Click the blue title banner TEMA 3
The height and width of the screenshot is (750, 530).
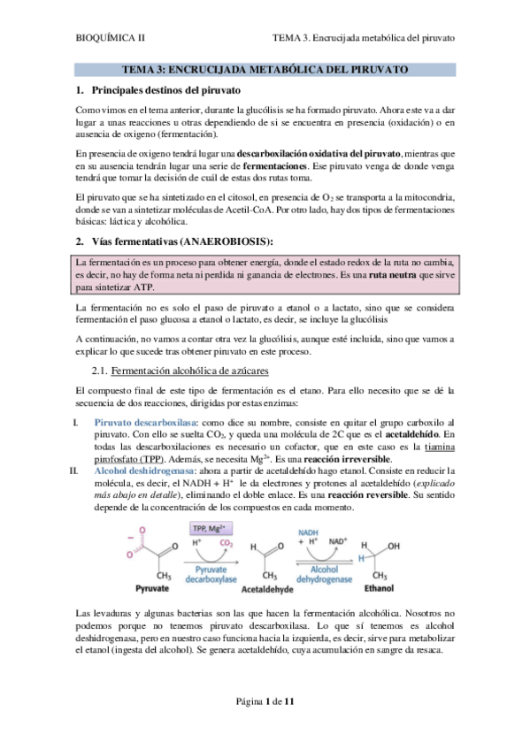point(264,68)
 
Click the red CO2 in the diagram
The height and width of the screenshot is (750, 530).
point(228,543)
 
